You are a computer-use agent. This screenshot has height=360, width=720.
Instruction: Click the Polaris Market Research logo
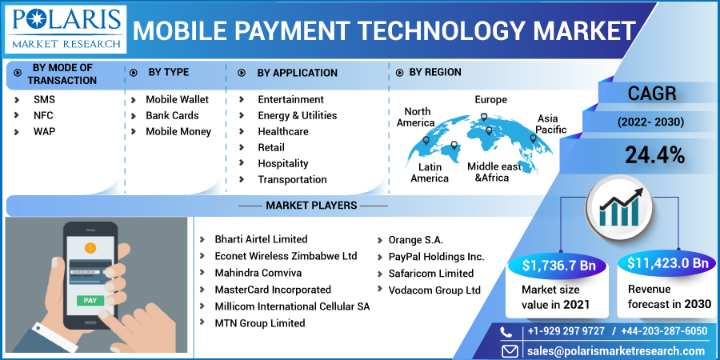66,29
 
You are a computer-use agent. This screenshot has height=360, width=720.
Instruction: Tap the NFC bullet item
43,116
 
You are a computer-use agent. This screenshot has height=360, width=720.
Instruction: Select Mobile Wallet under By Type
178,100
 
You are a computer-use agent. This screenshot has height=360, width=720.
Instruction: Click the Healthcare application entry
283,132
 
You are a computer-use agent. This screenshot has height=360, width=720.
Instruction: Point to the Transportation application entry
292,179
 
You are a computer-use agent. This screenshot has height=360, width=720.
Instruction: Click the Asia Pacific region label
550,124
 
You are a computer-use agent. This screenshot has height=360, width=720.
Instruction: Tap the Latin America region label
430,173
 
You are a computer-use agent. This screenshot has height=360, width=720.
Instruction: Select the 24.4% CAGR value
654,156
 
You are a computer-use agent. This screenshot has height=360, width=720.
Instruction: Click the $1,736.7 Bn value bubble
558,265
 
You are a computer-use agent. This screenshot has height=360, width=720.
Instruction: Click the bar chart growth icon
619,206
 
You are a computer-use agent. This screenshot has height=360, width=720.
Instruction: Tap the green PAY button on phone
90,301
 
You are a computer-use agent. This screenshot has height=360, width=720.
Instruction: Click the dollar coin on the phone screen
90,249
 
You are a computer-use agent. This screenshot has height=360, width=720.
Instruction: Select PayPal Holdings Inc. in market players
436,257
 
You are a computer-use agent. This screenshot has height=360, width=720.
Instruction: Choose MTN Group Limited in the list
259,323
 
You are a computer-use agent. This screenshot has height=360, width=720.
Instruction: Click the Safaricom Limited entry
430,274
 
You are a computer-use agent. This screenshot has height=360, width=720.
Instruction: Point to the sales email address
616,350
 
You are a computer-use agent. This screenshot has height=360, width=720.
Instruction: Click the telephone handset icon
506,331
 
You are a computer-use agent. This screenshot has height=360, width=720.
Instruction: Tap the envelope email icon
509,351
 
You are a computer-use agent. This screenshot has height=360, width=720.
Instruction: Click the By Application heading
297,73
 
